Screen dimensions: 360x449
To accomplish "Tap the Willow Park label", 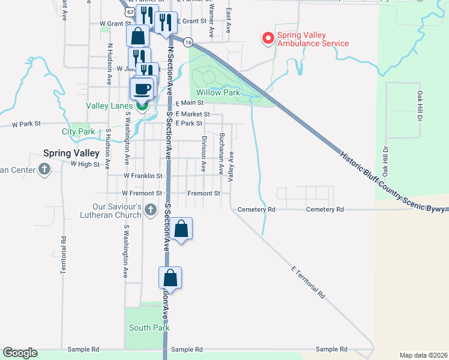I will coord(218,92).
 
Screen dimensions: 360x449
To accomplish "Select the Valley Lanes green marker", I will coord(142,106).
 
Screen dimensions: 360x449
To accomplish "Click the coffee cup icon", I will coord(142,89).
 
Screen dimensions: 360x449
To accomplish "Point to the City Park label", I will coord(78,131).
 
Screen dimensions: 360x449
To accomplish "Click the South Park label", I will coord(149,328).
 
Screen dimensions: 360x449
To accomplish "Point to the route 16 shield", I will coord(188,42).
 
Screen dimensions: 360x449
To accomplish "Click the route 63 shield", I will coord(130,12).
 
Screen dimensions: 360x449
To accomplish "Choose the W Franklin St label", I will coord(143,176).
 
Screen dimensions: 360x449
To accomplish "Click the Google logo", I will coord(20,353).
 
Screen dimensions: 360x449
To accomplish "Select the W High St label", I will coord(85,163).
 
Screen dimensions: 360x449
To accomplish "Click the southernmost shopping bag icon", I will coord(170,278).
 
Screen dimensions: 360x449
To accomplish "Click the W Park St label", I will coord(26,124).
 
